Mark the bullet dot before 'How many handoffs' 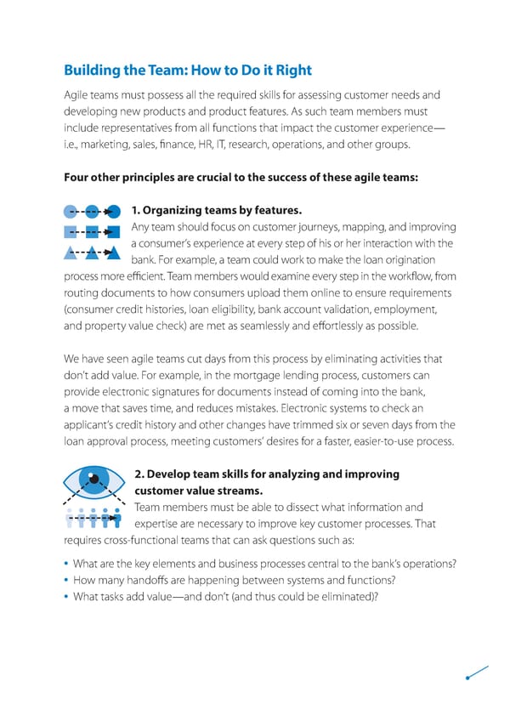click(66, 581)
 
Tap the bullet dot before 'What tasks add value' click(66, 597)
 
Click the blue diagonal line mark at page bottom click(477, 672)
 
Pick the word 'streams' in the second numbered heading click(241, 491)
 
